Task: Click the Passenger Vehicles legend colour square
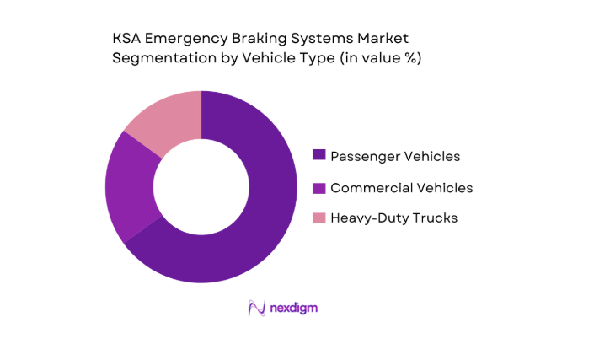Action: pyautogui.click(x=318, y=155)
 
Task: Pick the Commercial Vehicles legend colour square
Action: pyautogui.click(x=318, y=187)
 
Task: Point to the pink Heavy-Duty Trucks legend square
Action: pyautogui.click(x=318, y=218)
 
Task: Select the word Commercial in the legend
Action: pyautogui.click(x=370, y=187)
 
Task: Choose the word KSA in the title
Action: pyautogui.click(x=127, y=39)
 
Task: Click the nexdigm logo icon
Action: pyautogui.click(x=257, y=309)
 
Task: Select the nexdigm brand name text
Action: pyautogui.click(x=294, y=309)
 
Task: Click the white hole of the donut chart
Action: pyautogui.click(x=201, y=186)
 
